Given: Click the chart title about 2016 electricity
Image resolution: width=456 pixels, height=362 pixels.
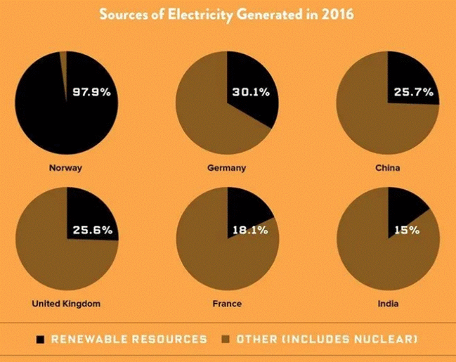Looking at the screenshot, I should (x=228, y=14).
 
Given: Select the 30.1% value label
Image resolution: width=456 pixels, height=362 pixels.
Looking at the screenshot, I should (x=250, y=92).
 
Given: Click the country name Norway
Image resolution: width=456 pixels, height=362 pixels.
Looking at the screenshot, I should (x=67, y=168).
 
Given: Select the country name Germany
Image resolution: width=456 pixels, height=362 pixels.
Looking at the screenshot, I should (x=227, y=168).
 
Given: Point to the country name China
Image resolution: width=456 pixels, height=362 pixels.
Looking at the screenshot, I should (x=389, y=168).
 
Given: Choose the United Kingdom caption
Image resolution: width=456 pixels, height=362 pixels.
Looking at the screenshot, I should (x=67, y=304).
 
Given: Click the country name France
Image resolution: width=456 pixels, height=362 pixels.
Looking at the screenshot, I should (x=227, y=304).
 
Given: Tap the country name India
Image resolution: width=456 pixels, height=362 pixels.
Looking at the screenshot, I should (x=389, y=304).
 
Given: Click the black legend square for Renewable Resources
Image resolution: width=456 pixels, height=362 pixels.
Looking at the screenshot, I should (x=41, y=340).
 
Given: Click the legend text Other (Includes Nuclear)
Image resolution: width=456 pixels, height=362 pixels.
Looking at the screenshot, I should (x=327, y=340).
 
